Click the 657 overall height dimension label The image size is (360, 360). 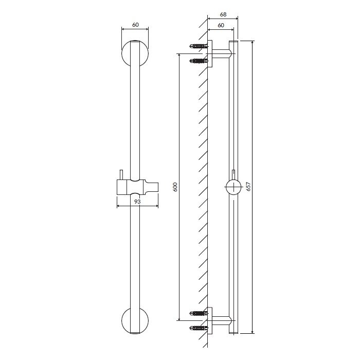[x=248, y=187]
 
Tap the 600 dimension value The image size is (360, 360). [x=175, y=187]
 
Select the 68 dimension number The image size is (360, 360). [x=223, y=14]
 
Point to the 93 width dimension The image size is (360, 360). [x=137, y=202]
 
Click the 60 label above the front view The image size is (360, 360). [x=135, y=25]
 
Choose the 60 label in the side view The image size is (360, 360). [x=221, y=25]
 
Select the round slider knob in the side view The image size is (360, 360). [x=233, y=187]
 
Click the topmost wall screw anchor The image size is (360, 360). [x=199, y=46]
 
